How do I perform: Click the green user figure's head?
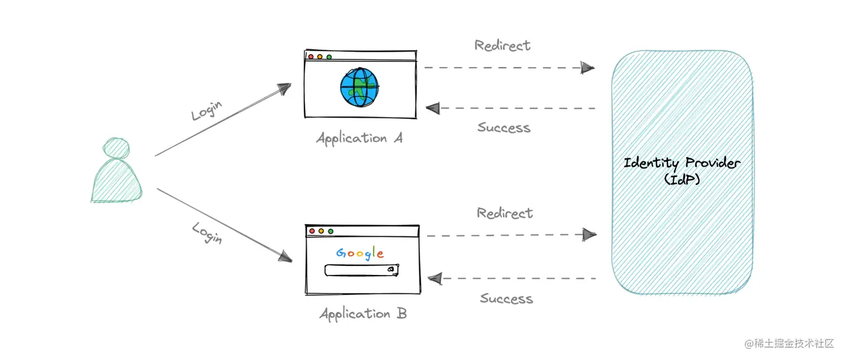116,148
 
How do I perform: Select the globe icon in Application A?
359,87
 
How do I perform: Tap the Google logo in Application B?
360,253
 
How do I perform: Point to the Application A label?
359,138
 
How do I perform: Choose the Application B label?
363,314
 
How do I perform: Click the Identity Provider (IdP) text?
682,170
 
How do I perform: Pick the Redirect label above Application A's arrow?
502,45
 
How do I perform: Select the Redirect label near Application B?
505,213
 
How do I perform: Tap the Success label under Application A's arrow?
504,128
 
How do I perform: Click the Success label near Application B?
506,299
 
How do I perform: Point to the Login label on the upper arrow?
206,110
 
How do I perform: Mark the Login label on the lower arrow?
207,233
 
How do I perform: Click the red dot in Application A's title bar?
311,56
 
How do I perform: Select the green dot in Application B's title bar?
330,231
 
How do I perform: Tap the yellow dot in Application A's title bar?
320,56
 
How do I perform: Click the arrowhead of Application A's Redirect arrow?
587,68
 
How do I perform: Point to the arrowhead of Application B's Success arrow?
435,277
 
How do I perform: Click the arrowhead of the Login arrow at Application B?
286,257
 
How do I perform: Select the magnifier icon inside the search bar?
390,269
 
